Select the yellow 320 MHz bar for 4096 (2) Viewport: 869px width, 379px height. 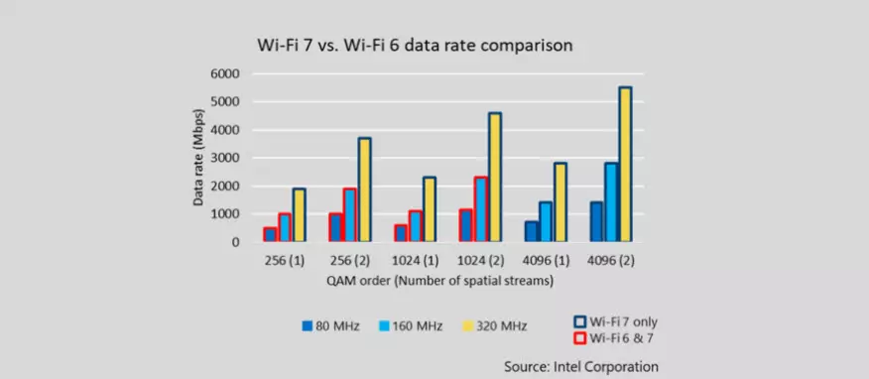pos(625,165)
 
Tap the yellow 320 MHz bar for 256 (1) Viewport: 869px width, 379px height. pos(299,215)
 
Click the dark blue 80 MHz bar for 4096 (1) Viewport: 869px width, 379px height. pos(531,231)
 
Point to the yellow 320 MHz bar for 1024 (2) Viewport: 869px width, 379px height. pos(495,178)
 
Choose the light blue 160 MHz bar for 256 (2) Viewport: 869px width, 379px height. pos(349,215)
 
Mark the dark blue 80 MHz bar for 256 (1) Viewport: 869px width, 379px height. pos(269,234)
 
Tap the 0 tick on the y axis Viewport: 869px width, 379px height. pos(235,242)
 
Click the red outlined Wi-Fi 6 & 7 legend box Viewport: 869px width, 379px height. pos(581,339)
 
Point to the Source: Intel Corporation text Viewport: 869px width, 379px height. pos(580,367)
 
